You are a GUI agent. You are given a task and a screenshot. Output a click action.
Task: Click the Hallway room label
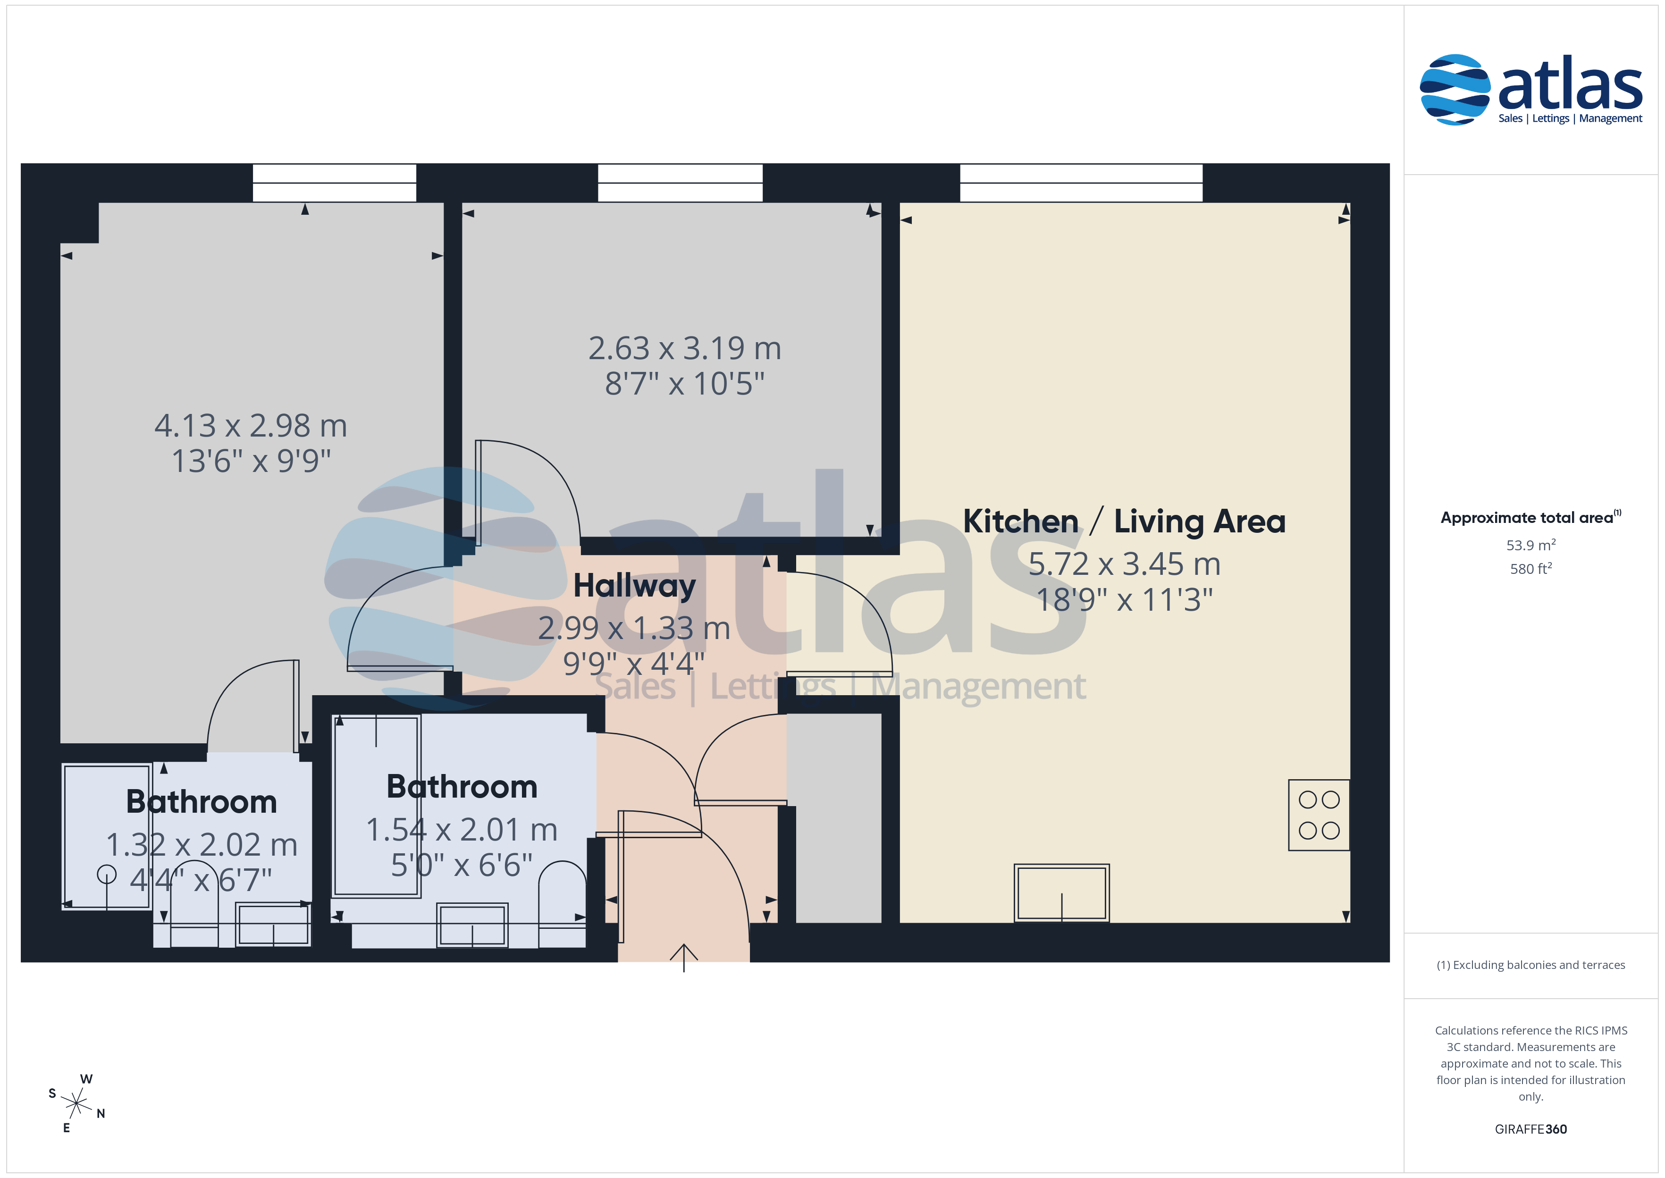pyautogui.click(x=635, y=586)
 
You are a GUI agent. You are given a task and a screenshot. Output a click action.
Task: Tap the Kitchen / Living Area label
pyautogui.click(x=1124, y=522)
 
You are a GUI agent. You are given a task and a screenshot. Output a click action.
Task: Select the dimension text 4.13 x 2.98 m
pyautogui.click(x=251, y=426)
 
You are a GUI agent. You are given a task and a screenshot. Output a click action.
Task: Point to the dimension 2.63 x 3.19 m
pyautogui.click(x=685, y=348)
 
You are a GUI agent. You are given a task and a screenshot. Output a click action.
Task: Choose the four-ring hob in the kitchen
pyautogui.click(x=1319, y=815)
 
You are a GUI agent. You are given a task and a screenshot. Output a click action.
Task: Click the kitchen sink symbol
pyautogui.click(x=1062, y=893)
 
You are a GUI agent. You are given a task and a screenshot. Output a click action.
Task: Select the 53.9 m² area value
pyautogui.click(x=1531, y=545)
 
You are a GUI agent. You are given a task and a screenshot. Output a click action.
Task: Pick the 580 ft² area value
pyautogui.click(x=1531, y=569)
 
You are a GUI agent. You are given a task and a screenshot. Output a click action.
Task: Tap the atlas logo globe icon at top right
pyautogui.click(x=1455, y=89)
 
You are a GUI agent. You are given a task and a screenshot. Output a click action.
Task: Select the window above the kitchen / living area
pyautogui.click(x=1081, y=183)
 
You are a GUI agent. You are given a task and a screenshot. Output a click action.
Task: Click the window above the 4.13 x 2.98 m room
pyautogui.click(x=334, y=183)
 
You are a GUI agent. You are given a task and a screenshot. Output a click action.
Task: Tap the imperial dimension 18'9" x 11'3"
pyautogui.click(x=1125, y=600)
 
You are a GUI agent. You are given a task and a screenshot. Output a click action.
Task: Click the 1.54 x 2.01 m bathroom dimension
pyautogui.click(x=462, y=830)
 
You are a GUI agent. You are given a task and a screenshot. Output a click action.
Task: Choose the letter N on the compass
pyautogui.click(x=101, y=1113)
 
